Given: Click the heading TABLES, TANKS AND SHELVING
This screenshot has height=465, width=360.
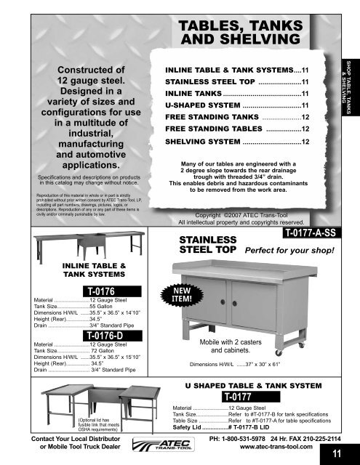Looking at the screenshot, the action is [x=239, y=33].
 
